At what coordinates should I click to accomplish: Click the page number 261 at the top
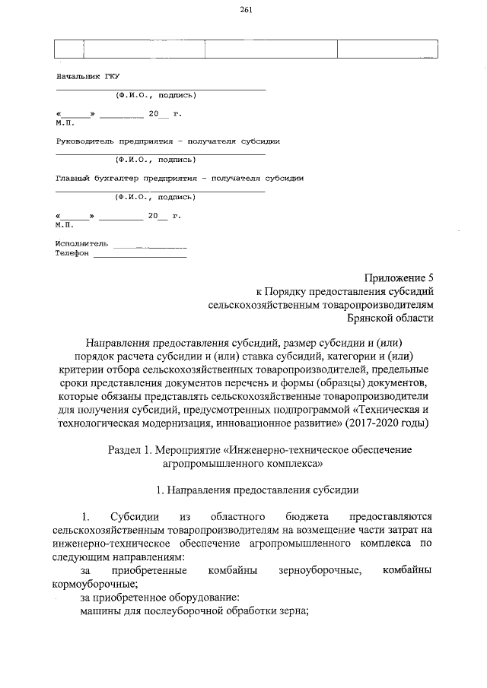(245, 10)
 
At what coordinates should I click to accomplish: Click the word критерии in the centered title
(91, 369)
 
